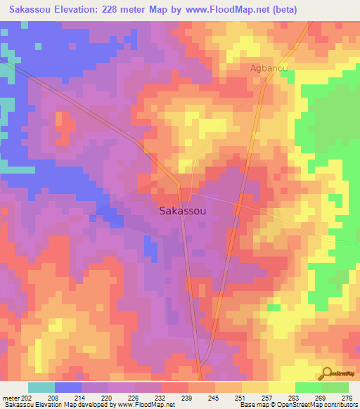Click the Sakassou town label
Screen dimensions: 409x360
[182, 210]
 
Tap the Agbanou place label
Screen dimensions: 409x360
[270, 68]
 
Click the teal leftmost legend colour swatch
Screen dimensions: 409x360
[41, 387]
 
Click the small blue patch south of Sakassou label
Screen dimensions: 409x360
[150, 247]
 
